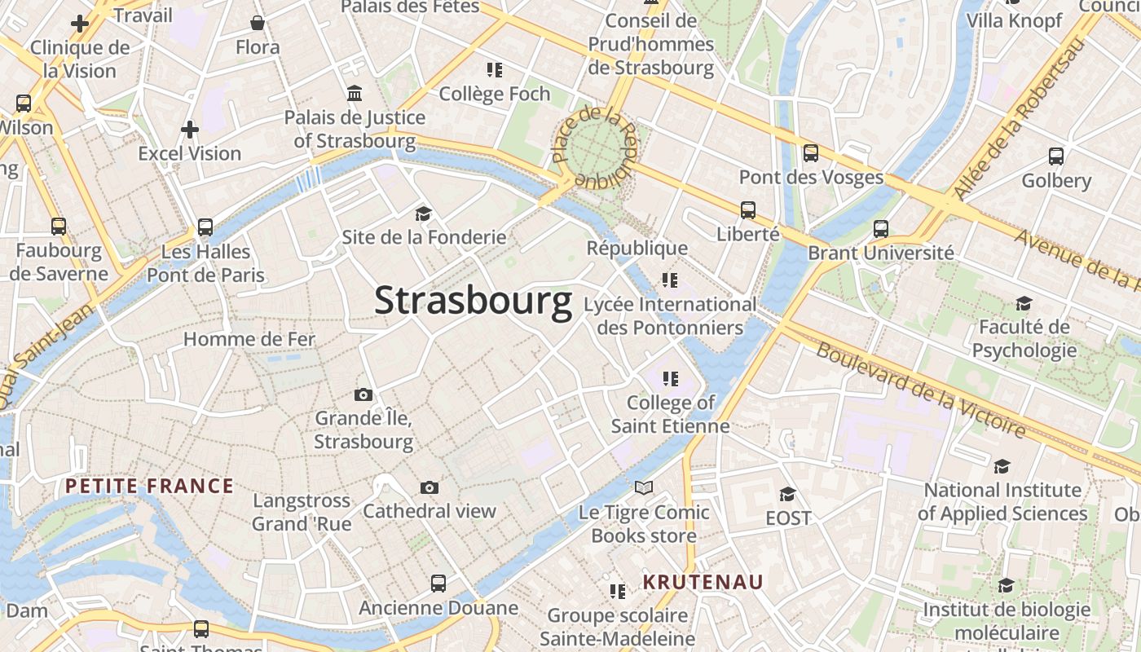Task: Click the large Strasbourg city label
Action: click(473, 302)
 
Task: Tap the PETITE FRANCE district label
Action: click(149, 487)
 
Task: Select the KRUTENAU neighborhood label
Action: click(703, 582)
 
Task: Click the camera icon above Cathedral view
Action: click(430, 487)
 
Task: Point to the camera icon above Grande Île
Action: click(363, 394)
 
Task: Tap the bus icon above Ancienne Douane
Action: click(438, 584)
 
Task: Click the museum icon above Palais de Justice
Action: click(355, 94)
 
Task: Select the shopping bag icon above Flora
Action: click(258, 23)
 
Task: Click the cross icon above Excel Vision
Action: click(190, 129)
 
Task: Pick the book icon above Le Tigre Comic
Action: click(644, 487)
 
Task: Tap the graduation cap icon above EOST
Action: click(788, 494)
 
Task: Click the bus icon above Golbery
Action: click(1056, 156)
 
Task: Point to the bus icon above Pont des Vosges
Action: click(811, 152)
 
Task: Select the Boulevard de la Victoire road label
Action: click(920, 390)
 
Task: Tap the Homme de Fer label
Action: click(249, 339)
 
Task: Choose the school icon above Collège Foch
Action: click(495, 70)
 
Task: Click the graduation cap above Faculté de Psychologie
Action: click(1024, 304)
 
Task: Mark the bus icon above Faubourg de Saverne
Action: click(59, 227)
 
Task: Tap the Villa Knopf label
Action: click(1014, 20)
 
